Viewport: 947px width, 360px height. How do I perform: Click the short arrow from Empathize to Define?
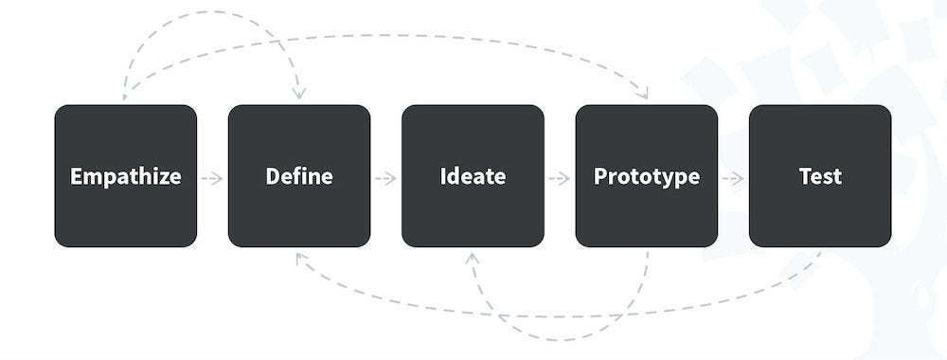point(212,177)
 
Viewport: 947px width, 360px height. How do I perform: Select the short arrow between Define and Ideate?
point(385,177)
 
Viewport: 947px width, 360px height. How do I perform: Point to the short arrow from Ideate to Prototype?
point(560,177)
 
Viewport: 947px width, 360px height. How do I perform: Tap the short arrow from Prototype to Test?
point(733,177)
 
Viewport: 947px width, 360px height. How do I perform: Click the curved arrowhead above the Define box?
point(299,94)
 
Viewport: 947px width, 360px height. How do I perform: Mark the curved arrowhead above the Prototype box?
point(645,94)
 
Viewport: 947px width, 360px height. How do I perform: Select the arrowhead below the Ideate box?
point(472,257)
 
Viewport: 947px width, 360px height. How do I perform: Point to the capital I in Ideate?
point(443,177)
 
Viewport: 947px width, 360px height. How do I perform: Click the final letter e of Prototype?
point(694,177)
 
